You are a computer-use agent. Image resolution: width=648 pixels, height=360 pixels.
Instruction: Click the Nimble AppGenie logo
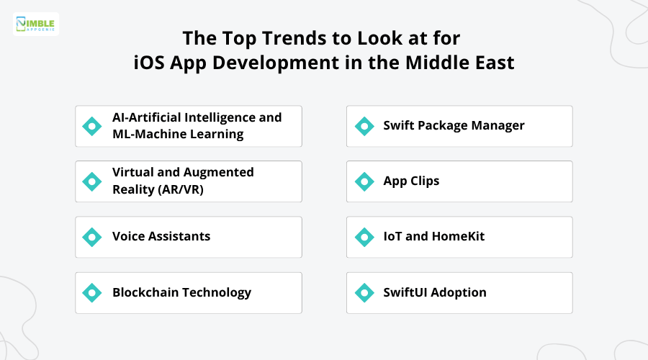[x=36, y=24]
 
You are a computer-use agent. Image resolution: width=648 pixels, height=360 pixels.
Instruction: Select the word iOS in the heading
[x=150, y=63]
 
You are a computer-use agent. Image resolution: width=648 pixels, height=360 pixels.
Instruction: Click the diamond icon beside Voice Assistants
[x=92, y=237]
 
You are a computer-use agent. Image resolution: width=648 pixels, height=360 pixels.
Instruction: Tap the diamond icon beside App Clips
[x=364, y=181]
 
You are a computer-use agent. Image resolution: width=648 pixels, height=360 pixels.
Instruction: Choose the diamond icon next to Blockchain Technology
[x=92, y=292]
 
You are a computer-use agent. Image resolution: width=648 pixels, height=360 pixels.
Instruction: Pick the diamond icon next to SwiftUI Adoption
[x=364, y=292]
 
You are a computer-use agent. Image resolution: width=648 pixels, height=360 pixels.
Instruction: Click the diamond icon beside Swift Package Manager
[x=364, y=126]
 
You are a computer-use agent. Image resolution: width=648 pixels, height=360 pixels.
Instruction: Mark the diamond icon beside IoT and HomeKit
[x=364, y=237]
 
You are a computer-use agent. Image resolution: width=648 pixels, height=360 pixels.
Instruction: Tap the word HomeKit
[x=458, y=237]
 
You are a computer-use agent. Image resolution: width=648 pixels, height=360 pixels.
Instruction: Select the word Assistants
[x=181, y=237]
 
